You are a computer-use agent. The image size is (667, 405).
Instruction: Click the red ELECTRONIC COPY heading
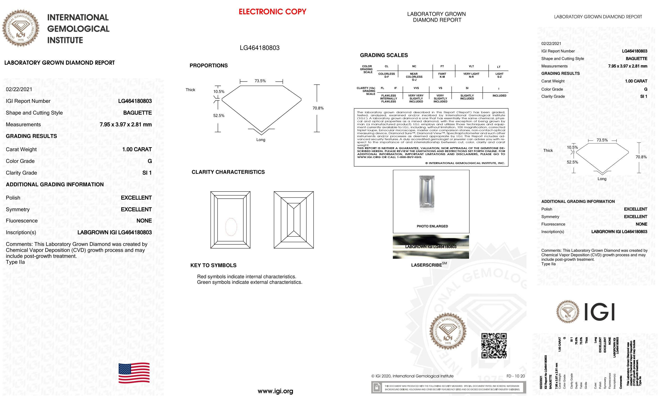(x=272, y=12)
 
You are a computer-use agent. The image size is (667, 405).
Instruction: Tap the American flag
(x=134, y=373)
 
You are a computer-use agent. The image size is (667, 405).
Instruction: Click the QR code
(x=494, y=346)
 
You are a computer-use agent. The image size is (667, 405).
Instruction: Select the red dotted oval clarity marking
(x=231, y=227)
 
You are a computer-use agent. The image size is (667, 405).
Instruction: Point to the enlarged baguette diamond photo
(x=427, y=192)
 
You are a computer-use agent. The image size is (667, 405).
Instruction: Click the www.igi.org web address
(x=275, y=391)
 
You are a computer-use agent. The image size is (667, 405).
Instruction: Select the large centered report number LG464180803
(x=260, y=48)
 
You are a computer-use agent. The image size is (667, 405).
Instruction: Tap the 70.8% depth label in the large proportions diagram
(x=318, y=108)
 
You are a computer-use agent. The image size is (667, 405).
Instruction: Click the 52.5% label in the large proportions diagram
(x=219, y=116)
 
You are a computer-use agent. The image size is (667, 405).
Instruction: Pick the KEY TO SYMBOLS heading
(x=213, y=265)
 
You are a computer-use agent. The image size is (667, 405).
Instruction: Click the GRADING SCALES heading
(x=384, y=55)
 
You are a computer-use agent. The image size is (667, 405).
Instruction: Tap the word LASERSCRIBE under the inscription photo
(x=426, y=265)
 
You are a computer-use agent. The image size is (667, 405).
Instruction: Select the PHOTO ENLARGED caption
(x=432, y=226)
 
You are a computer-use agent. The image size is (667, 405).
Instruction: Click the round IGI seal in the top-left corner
(x=21, y=28)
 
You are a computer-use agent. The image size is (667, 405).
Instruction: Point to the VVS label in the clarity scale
(x=416, y=88)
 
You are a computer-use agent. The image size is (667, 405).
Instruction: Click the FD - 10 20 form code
(x=516, y=376)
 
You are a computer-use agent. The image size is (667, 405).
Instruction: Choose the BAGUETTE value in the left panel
(x=137, y=113)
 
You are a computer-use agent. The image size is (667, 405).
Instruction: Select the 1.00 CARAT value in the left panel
(x=137, y=149)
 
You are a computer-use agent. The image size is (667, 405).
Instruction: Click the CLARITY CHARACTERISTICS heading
(x=228, y=172)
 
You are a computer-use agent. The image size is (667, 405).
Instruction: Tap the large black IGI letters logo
(x=599, y=312)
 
